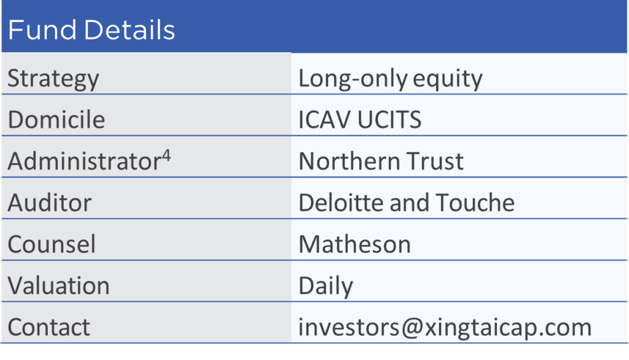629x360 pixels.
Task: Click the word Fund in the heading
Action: [42, 29]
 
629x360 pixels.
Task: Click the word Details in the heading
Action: [130, 29]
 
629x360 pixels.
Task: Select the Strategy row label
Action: [53, 79]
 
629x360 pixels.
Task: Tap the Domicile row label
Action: [56, 120]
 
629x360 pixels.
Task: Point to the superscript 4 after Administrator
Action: [166, 155]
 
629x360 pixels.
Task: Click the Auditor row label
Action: [50, 202]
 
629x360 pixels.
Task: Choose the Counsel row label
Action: [52, 244]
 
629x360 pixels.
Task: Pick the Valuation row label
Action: [58, 285]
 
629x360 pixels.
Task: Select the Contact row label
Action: [49, 327]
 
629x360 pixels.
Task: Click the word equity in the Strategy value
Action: [447, 79]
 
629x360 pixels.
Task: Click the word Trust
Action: [436, 162]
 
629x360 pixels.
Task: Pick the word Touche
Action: [475, 202]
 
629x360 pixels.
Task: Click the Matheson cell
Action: [355, 244]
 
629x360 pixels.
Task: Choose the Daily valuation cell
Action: [326, 286]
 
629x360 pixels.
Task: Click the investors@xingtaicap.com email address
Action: [445, 327]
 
